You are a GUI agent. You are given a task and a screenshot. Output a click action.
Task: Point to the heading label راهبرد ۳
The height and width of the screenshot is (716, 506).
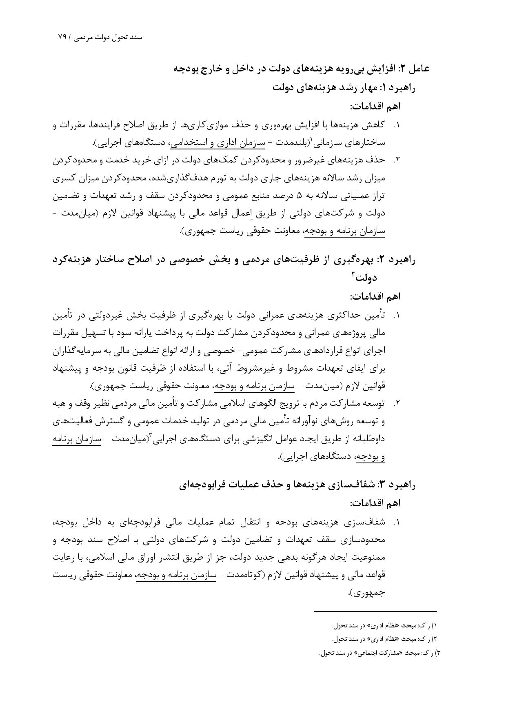coord(398,485)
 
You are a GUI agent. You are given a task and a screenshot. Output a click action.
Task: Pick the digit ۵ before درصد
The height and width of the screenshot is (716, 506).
coord(298,196)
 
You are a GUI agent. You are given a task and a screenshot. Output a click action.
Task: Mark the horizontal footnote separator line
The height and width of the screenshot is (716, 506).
coord(375,611)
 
